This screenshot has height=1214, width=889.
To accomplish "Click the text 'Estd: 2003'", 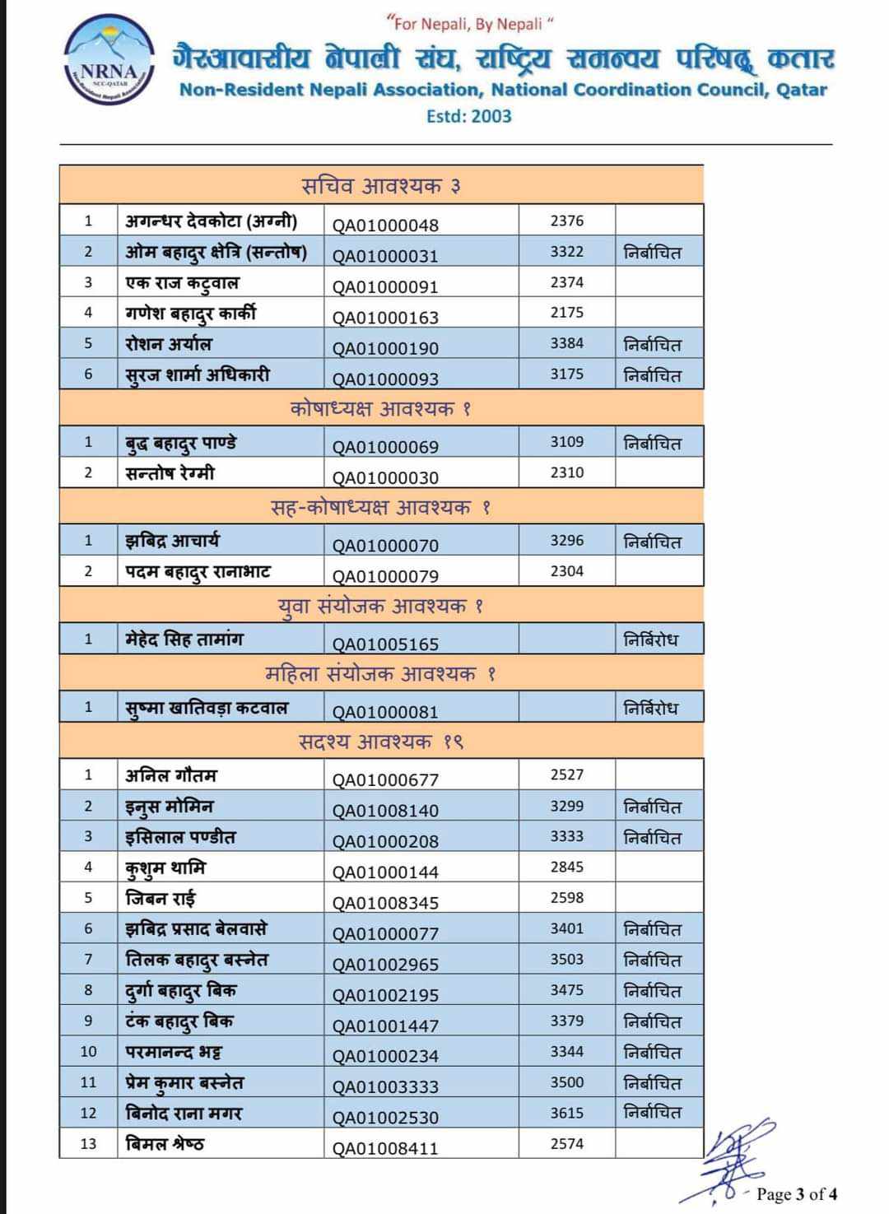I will pos(468,116).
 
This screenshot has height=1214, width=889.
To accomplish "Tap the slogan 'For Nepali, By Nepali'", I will pos(469,24).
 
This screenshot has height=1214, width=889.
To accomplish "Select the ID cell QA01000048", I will pos(385,225).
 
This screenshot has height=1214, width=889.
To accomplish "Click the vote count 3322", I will pos(566,252).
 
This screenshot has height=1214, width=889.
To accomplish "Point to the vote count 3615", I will pos(566,1113).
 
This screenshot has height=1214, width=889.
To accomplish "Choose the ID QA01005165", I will pos(385,644).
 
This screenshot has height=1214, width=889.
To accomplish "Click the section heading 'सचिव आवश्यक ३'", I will pos(381,186).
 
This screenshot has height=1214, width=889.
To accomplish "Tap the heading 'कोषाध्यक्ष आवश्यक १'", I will pos(380,408).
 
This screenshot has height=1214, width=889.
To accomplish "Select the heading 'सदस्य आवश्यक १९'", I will pos(381,742).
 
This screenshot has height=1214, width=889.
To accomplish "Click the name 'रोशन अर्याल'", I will pos(169,344).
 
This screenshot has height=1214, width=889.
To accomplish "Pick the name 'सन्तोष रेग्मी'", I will pos(170,473).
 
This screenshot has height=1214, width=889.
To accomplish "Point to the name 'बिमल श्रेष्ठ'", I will pos(165,1143).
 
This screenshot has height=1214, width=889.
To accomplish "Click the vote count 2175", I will pos(566,313).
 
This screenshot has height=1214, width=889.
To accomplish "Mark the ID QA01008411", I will pos(385,1148).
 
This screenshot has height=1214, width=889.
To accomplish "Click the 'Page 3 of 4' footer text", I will pos(797,1193).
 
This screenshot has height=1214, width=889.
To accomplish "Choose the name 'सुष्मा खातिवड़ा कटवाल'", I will pos(207,708).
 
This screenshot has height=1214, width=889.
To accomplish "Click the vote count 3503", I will pos(566,959).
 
